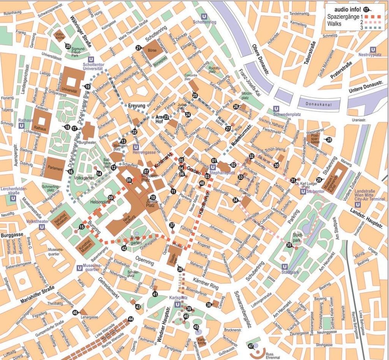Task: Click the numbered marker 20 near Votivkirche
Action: [x=68, y=46]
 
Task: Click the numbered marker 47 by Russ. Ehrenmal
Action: [x=251, y=346]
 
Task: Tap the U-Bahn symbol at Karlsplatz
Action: [x=178, y=305]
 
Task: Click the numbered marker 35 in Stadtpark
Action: [x=289, y=245]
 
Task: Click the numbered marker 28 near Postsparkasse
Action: [x=329, y=140]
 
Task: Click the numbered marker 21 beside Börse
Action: [x=138, y=48]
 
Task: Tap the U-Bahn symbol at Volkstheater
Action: [x=41, y=226]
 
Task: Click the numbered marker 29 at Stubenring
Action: [x=319, y=180]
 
